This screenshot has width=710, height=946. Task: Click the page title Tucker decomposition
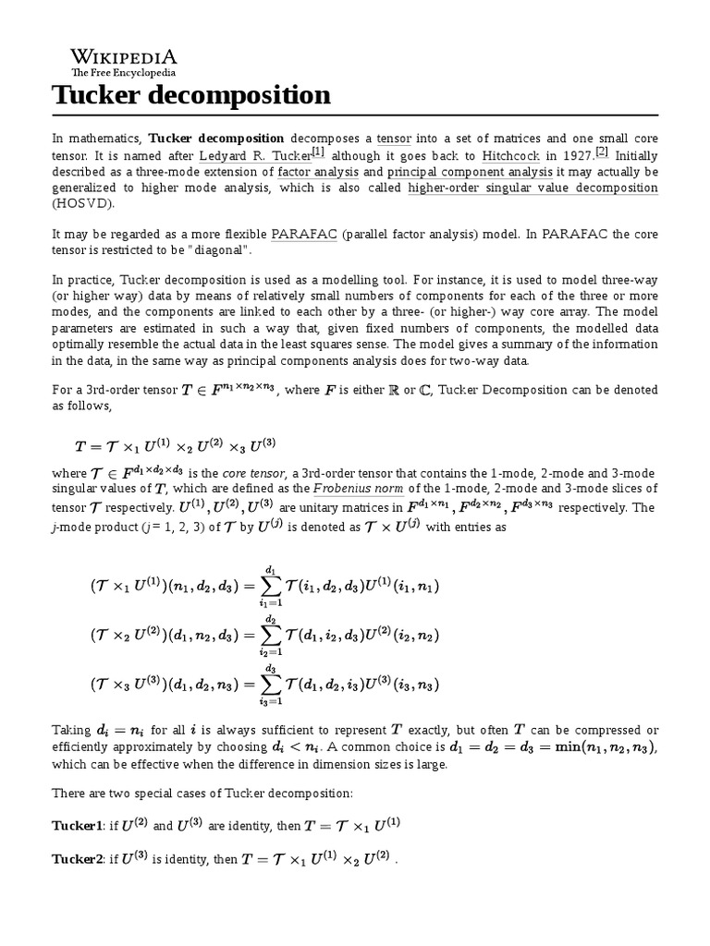(x=190, y=94)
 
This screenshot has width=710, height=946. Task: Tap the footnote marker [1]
(x=318, y=152)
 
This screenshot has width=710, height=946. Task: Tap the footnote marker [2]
(x=602, y=152)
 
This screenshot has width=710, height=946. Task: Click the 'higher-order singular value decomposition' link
(x=532, y=188)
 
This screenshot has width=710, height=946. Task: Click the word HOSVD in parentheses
(x=80, y=204)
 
